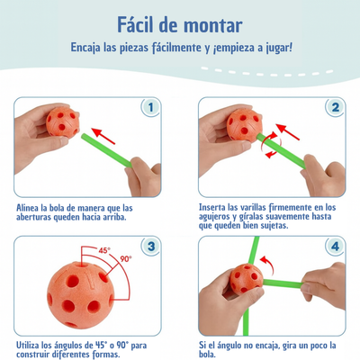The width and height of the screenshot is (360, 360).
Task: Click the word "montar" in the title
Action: pyautogui.click(x=213, y=25)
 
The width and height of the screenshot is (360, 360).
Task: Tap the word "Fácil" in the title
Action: pyautogui.click(x=135, y=24)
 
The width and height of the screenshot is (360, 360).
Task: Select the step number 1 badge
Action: pyautogui.click(x=150, y=107)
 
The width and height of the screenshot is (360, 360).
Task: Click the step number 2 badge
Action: pyautogui.click(x=336, y=107)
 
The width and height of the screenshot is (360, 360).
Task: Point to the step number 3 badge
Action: pyautogui.click(x=151, y=247)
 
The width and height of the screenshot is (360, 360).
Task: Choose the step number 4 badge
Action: pyautogui.click(x=335, y=247)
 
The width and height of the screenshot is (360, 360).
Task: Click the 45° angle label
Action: pyautogui.click(x=104, y=250)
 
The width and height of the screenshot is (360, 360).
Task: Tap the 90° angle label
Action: pyautogui.click(x=126, y=259)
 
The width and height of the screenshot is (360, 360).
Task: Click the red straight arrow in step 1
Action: pyautogui.click(x=103, y=136)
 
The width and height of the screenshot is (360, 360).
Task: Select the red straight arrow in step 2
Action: pyautogui.click(x=287, y=132)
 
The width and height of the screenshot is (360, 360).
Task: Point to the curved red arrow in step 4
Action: pyautogui.click(x=269, y=264)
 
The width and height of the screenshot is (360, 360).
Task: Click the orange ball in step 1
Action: pyautogui.click(x=63, y=122)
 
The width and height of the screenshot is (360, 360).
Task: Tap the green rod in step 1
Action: pyautogui.click(x=106, y=150)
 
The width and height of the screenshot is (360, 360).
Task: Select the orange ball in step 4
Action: pyautogui.click(x=247, y=279)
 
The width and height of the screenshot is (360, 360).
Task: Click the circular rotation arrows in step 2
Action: pyautogui.click(x=271, y=146)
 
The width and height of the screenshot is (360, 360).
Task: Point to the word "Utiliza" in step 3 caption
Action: pyautogui.click(x=28, y=345)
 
